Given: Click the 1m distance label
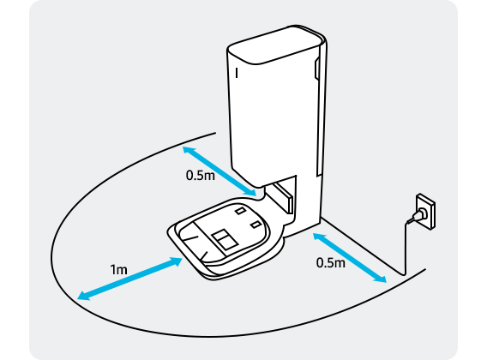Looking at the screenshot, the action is [119, 270].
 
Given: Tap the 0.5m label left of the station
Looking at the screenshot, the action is [201, 175].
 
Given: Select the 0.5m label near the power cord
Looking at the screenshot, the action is [331, 263].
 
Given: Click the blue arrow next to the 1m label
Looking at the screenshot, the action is [129, 279].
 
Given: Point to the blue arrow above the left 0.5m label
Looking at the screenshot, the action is [219, 171].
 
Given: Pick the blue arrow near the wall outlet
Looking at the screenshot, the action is [350, 258].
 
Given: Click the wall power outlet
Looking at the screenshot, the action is [425, 212].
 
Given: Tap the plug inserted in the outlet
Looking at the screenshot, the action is [417, 215].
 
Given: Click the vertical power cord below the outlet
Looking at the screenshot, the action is [406, 249].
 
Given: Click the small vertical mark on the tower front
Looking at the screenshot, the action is [237, 73].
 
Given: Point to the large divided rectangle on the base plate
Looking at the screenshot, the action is [225, 239].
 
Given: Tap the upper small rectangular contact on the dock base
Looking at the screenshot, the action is [240, 211].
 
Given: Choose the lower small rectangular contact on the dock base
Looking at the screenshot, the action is [256, 225].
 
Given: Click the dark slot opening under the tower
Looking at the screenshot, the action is [283, 197].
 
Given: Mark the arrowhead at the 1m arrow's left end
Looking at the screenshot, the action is [83, 296].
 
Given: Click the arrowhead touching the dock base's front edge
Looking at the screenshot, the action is [177, 261].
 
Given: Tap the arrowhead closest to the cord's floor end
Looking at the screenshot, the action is [381, 278].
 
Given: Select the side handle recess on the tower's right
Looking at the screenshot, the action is [316, 69].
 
